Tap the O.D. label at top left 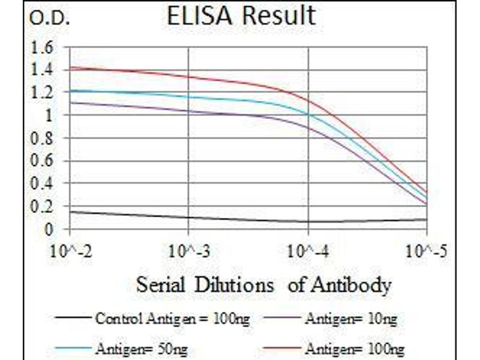pos(49,20)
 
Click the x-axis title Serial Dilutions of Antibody pos(264,284)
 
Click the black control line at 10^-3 pos(190,218)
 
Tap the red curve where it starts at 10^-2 pos(71,68)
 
